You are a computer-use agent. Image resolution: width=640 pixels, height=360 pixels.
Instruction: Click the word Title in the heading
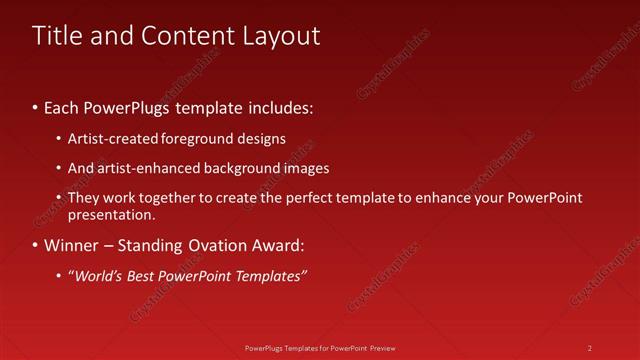click(x=56, y=36)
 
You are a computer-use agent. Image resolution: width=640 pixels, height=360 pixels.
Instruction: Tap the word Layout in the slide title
click(x=282, y=36)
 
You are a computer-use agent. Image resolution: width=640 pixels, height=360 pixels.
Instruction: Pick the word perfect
click(x=307, y=198)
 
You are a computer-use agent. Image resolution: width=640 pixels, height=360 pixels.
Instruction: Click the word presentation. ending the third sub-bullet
click(x=112, y=214)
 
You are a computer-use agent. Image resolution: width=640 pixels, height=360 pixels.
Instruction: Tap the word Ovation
click(x=215, y=245)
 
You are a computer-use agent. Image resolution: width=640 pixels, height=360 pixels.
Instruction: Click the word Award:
click(x=275, y=245)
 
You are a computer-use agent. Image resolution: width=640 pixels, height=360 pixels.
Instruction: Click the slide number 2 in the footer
click(x=590, y=348)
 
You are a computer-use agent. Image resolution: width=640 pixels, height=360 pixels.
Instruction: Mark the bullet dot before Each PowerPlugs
click(x=36, y=107)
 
